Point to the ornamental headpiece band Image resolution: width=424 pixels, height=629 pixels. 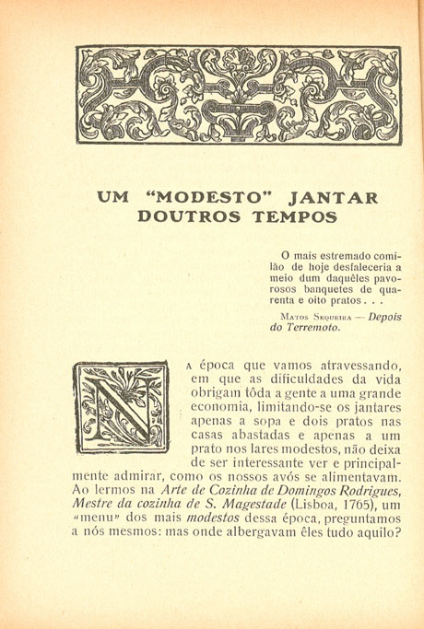239,96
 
